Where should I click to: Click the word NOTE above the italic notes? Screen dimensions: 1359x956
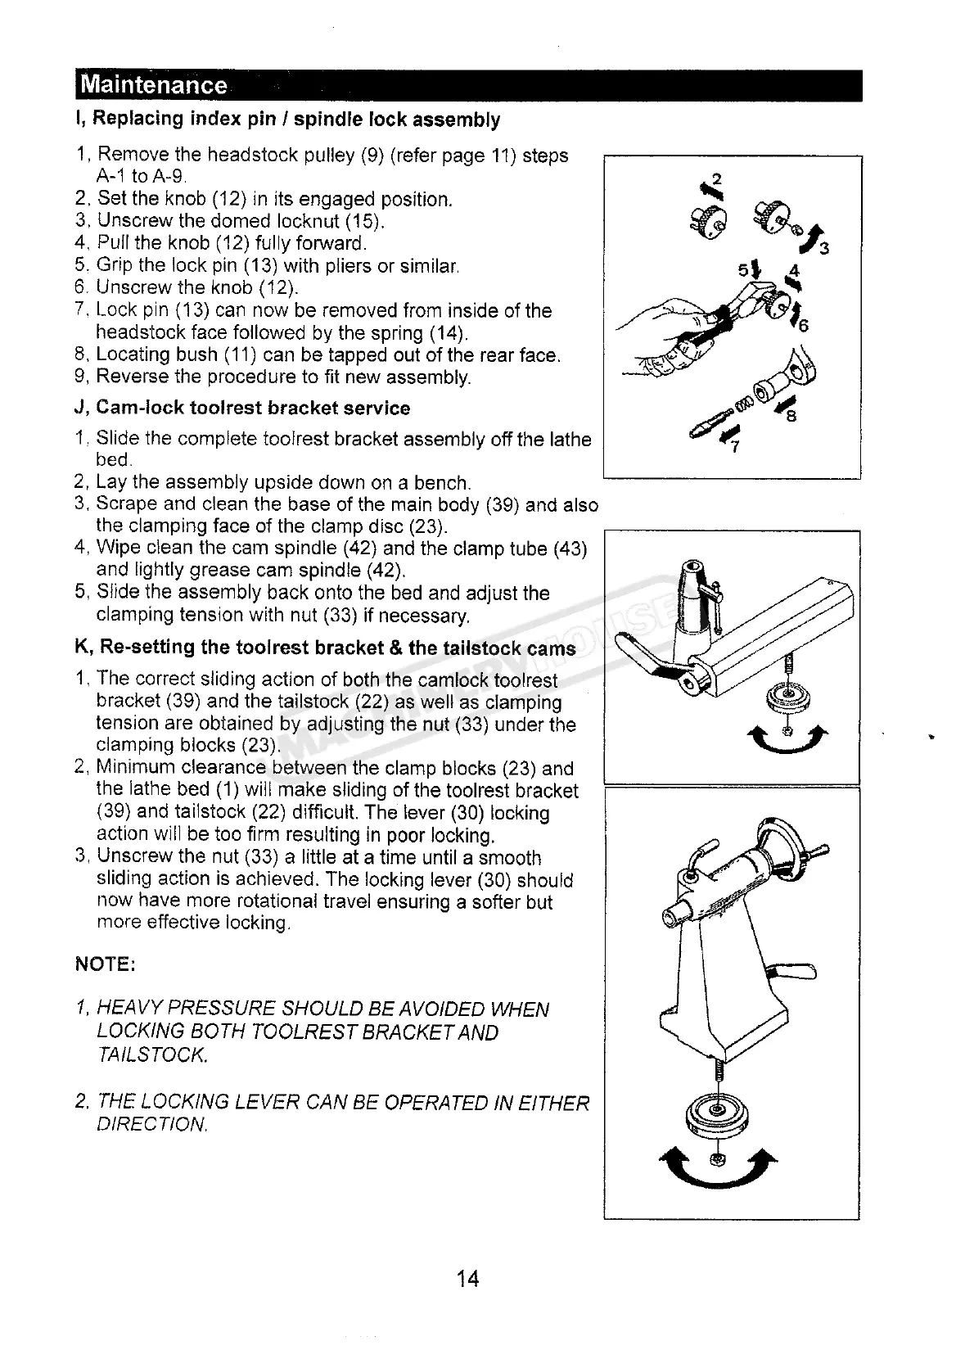click(x=105, y=965)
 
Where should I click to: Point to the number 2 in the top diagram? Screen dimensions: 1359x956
click(x=717, y=179)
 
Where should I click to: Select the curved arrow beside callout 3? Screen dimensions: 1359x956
click(x=813, y=237)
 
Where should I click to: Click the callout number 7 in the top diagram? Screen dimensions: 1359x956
click(x=733, y=447)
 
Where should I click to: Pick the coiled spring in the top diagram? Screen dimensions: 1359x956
click(x=743, y=404)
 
